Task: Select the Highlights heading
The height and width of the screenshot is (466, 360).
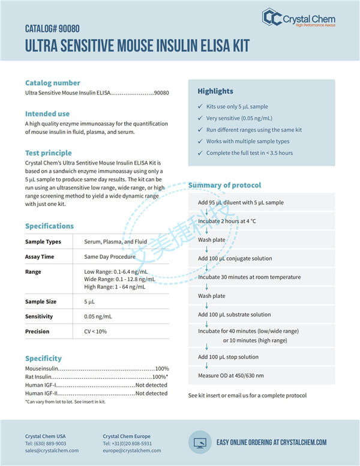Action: (215, 91)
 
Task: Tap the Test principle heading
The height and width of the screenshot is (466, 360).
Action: (48, 153)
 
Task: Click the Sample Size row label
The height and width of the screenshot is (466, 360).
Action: (41, 301)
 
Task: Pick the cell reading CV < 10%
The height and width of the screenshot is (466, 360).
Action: (95, 331)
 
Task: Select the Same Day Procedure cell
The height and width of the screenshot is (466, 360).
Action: (110, 256)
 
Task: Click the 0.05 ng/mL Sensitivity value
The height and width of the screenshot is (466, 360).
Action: (98, 316)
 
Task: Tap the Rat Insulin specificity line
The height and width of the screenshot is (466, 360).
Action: (96, 377)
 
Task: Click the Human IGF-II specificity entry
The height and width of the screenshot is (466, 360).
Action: (96, 393)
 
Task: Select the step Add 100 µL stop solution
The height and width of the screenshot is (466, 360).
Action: (228, 357)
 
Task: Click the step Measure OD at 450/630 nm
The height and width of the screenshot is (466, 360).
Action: (230, 375)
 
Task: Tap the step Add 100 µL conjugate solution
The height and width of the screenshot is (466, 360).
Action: (235, 258)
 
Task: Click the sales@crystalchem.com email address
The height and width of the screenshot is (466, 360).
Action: (52, 450)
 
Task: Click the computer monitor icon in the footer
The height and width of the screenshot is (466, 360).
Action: (199, 442)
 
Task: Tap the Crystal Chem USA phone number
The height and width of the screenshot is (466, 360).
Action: (46, 443)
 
